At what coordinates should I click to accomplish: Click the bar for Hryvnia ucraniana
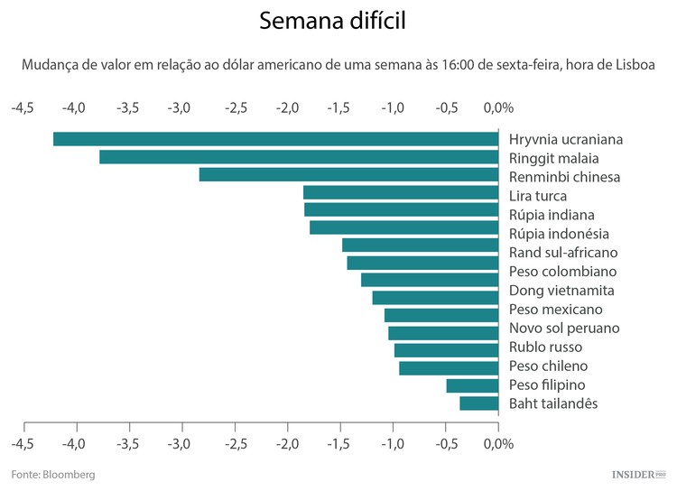click(275, 139)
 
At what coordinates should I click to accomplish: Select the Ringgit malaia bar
click(299, 157)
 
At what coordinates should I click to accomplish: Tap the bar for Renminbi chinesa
click(348, 175)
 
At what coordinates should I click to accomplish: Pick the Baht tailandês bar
click(478, 403)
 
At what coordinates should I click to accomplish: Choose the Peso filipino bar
click(472, 385)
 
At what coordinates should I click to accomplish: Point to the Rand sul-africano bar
click(420, 245)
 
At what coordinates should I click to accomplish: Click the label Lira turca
click(538, 196)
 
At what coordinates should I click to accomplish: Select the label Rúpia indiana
click(552, 215)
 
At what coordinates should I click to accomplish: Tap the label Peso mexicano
click(555, 310)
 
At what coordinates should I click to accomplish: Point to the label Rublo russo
click(545, 347)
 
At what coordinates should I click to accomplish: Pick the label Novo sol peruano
click(563, 328)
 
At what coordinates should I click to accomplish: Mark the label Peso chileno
click(548, 366)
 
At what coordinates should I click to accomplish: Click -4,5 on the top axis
click(23, 108)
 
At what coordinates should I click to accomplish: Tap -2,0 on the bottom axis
click(287, 445)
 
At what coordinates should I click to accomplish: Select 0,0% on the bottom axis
click(498, 445)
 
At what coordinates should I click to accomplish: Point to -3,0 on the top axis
click(181, 108)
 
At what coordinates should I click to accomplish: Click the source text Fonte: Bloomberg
click(53, 474)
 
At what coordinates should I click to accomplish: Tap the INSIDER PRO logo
click(638, 474)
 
